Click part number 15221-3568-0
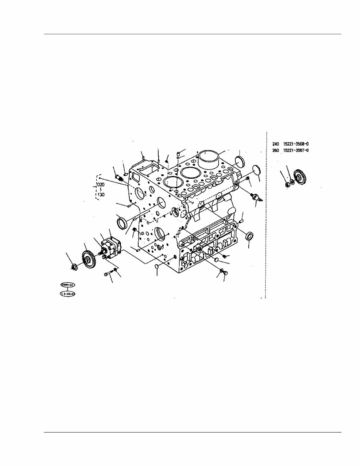point(296,144)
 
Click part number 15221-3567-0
point(296,150)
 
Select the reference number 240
point(276,144)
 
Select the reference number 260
point(276,150)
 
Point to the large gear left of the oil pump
point(89,258)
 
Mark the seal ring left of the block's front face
point(122,223)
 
